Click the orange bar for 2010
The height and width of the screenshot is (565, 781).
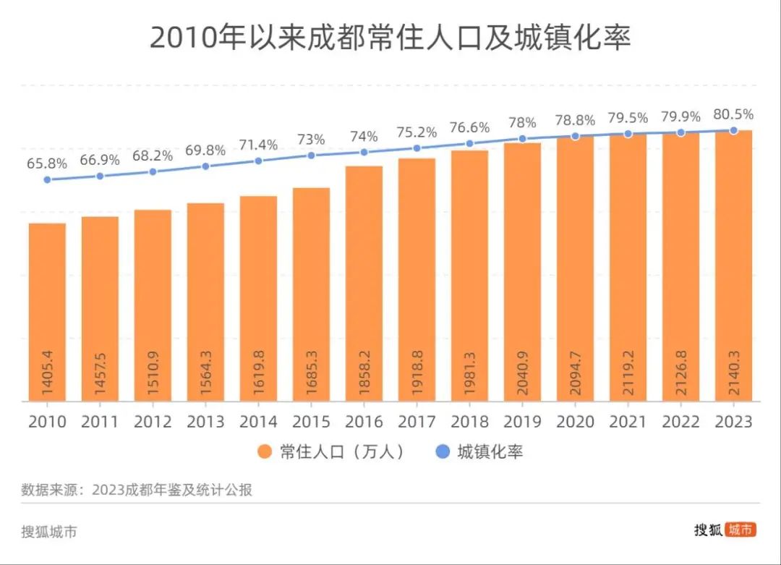pyautogui.click(x=47, y=311)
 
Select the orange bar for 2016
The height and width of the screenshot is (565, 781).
pyautogui.click(x=364, y=282)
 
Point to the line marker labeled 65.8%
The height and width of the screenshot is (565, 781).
pyautogui.click(x=47, y=179)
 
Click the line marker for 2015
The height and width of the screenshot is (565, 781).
pyautogui.click(x=311, y=156)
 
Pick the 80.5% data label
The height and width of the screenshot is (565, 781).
pyautogui.click(x=733, y=114)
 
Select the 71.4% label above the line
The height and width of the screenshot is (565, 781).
pyautogui.click(x=258, y=145)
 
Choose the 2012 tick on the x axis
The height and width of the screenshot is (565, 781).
pyautogui.click(x=153, y=422)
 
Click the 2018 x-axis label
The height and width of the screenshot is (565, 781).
pyautogui.click(x=469, y=422)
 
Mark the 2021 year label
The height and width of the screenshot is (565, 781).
pyautogui.click(x=628, y=422)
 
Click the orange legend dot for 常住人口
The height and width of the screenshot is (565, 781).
pyautogui.click(x=265, y=452)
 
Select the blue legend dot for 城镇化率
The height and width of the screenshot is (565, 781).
pyautogui.click(x=443, y=452)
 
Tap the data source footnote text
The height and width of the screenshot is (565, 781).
pyautogui.click(x=137, y=490)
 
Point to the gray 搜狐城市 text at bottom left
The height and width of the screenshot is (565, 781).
pyautogui.click(x=49, y=532)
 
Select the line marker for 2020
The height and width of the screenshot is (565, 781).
pyautogui.click(x=575, y=136)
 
